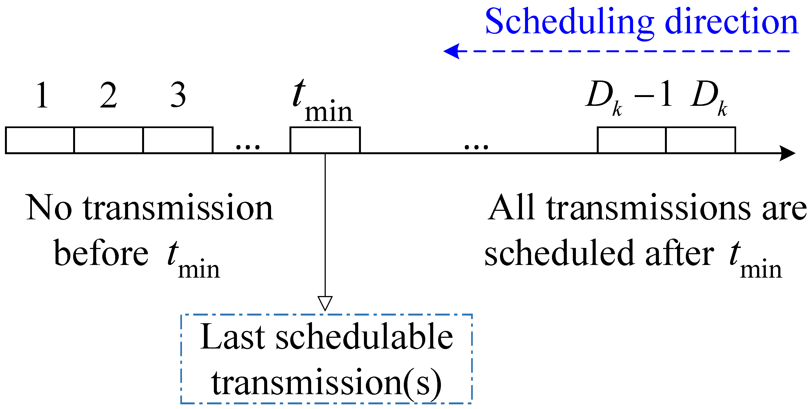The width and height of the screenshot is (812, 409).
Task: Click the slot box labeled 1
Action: point(40,140)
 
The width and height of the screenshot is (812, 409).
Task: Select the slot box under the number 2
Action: point(108,140)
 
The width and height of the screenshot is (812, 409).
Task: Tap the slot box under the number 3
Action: point(178,140)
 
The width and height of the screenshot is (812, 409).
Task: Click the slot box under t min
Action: point(325,140)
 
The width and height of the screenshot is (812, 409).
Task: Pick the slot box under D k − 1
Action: point(631,140)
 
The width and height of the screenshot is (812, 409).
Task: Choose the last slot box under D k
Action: point(700,140)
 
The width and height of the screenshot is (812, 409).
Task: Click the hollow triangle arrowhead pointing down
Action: point(325,303)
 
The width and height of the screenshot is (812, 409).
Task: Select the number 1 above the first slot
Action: point(42,95)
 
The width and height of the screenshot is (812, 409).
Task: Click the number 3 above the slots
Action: point(178,95)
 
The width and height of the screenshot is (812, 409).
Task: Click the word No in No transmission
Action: point(49,208)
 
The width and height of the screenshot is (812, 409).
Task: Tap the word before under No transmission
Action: point(101,254)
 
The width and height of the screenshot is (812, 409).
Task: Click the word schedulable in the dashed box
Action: point(364,337)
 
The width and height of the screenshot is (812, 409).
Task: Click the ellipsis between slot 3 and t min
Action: point(248,147)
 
